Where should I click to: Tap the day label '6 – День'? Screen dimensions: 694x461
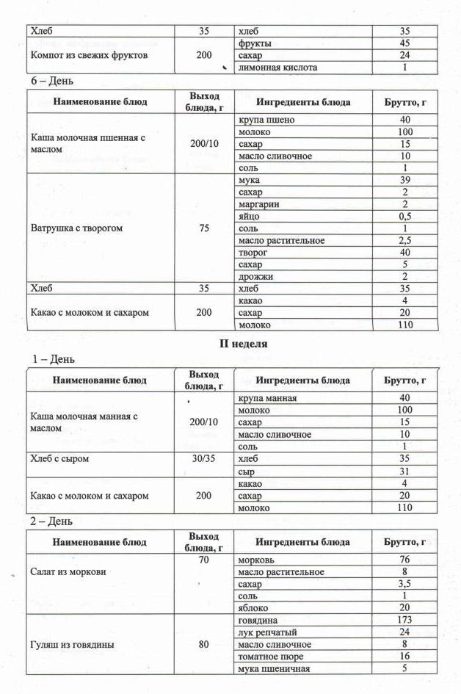[x=52, y=81]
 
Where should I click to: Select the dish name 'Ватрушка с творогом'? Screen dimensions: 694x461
[x=76, y=228]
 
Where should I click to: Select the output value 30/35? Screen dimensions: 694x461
[x=204, y=459]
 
